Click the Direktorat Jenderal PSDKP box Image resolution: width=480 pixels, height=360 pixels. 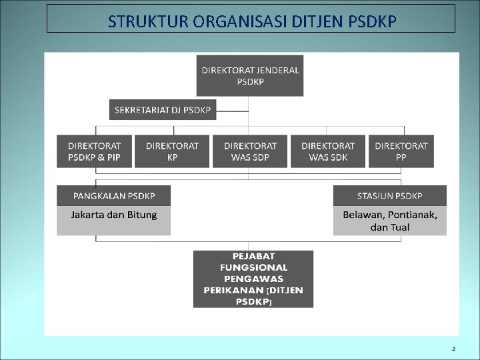point(250,75)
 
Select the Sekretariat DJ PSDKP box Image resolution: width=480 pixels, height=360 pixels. point(163,109)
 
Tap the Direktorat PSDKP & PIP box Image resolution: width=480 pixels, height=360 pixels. point(95,151)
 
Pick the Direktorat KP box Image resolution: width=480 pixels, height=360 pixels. point(172,151)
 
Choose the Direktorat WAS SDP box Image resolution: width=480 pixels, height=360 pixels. point(250,151)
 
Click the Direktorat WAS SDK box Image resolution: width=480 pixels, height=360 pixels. point(327,151)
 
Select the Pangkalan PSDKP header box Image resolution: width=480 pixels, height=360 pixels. point(113,196)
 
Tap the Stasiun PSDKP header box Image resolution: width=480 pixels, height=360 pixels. point(390,196)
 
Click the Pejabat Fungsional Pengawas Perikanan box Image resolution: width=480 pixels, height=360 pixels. point(253,279)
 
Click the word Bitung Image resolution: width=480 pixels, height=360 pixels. point(142,215)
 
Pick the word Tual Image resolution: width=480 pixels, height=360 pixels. point(400,227)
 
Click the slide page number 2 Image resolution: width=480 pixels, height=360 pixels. point(453,349)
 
